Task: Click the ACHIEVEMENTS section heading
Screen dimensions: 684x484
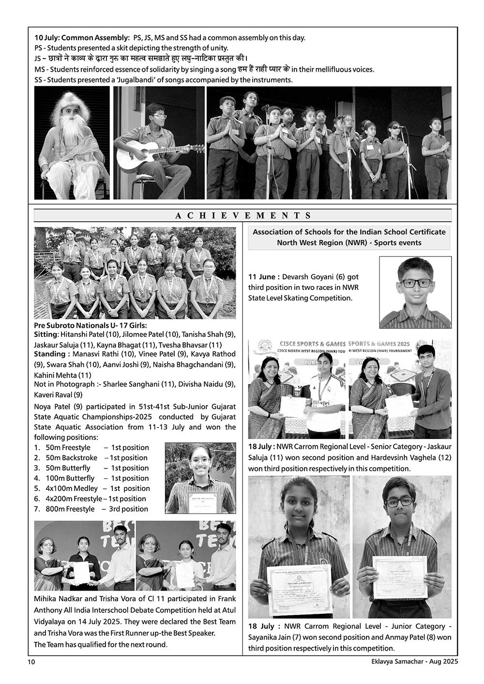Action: [x=242, y=216]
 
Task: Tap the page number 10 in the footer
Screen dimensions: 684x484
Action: [x=31, y=661]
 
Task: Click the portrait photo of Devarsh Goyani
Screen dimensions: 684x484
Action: [x=415, y=292]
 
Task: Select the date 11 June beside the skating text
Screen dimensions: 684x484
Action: [x=264, y=277]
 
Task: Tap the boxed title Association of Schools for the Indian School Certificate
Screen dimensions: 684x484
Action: [x=349, y=232]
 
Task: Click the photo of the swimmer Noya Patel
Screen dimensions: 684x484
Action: [x=200, y=478]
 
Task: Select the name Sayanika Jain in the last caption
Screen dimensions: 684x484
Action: [x=273, y=638]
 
